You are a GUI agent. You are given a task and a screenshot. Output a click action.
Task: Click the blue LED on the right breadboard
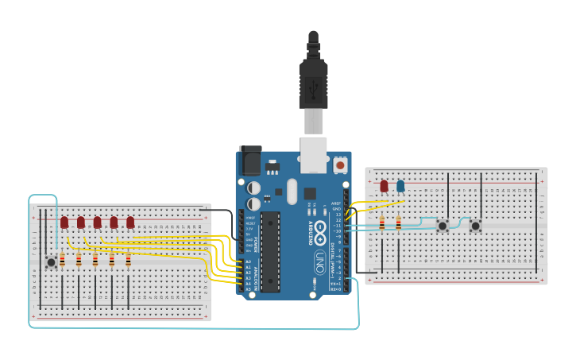pyautogui.click(x=400, y=186)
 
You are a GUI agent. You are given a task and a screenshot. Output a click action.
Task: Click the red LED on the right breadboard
pyautogui.click(x=384, y=186)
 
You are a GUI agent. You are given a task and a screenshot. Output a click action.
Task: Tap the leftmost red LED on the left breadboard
pyautogui.click(x=64, y=223)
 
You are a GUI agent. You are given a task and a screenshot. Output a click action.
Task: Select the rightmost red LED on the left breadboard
pyautogui.click(x=130, y=223)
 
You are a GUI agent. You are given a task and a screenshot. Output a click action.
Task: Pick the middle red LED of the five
pyautogui.click(x=97, y=223)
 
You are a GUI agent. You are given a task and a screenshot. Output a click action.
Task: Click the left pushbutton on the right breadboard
pyautogui.click(x=443, y=226)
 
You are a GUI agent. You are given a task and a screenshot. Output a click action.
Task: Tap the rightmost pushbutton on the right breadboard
pyautogui.click(x=475, y=226)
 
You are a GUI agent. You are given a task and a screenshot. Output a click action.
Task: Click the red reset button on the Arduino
pyautogui.click(x=341, y=165)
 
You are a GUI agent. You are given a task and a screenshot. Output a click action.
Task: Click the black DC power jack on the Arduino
pyautogui.click(x=250, y=161)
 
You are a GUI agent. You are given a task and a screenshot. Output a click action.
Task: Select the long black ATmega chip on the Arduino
pyautogui.click(x=270, y=251)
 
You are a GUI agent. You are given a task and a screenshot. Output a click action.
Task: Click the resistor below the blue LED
pyautogui.click(x=398, y=224)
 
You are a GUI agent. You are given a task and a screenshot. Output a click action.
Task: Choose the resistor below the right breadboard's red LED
pyautogui.click(x=382, y=224)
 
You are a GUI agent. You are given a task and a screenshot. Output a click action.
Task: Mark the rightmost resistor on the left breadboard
pyautogui.click(x=128, y=260)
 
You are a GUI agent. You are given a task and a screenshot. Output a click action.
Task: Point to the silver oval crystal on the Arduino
pyautogui.click(x=292, y=191)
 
